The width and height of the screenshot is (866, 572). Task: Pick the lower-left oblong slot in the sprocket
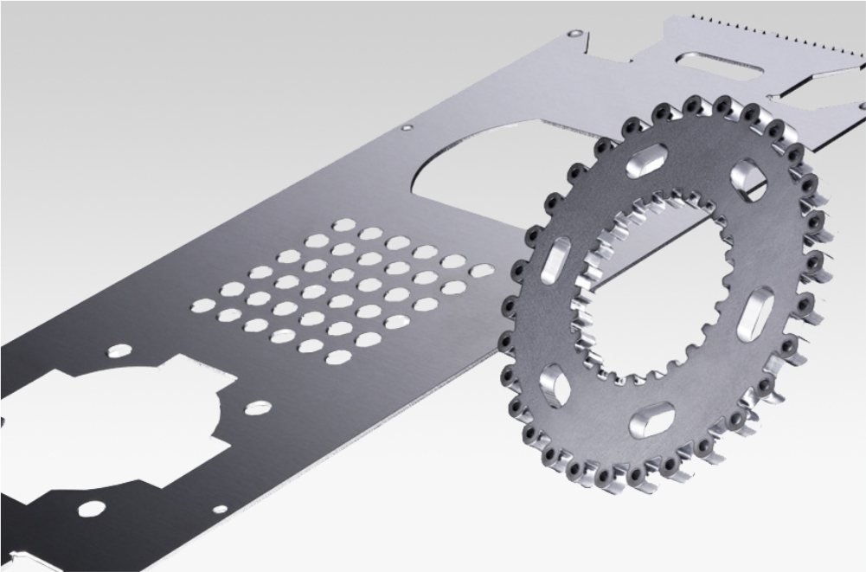coord(554,383)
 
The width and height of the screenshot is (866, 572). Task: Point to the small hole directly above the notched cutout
coord(119,351)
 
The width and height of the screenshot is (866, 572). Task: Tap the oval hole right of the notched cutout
coord(257,406)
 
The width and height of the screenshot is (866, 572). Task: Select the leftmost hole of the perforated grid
coord(202,305)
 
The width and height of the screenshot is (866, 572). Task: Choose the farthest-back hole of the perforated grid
coord(344,225)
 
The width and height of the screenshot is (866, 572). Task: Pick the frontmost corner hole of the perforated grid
coord(338,357)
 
